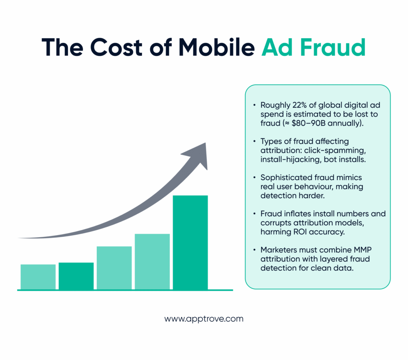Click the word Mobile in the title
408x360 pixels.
coord(216,47)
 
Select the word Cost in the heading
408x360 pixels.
coord(116,47)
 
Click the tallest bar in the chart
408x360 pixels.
coord(190,242)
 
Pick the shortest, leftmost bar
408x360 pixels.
coord(38,277)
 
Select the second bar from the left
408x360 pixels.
coord(76,276)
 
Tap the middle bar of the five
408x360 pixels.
coord(114,268)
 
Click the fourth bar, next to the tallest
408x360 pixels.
coord(152,262)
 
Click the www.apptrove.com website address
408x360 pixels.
coord(204,319)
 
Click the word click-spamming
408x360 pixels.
coord(335,150)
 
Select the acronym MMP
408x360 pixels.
coord(363,250)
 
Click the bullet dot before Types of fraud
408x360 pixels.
coord(254,141)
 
